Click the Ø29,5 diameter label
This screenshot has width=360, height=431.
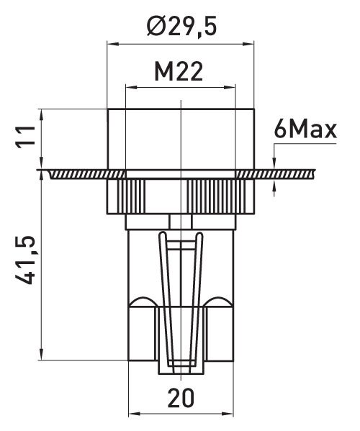click(x=181, y=27)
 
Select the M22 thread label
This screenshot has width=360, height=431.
click(x=179, y=71)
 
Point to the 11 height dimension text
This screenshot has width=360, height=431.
click(x=26, y=137)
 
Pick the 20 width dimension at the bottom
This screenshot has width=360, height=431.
click(x=181, y=398)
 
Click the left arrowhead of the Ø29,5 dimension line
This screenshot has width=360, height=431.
click(x=113, y=44)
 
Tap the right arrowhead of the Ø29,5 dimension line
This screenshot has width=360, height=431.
click(x=248, y=44)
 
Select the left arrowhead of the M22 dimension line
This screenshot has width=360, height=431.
click(x=131, y=87)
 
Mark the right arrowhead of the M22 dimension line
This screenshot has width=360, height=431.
click(x=230, y=87)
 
